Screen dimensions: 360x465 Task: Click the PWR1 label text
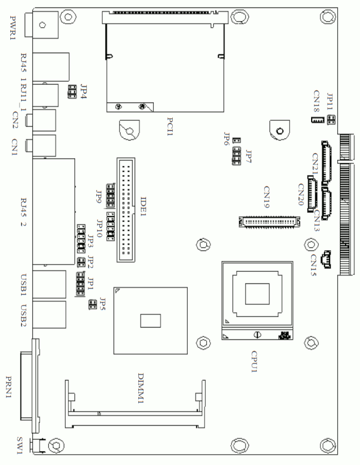[13, 28]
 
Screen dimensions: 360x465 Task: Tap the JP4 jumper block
[72, 92]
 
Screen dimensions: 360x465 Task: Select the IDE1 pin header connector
[126, 210]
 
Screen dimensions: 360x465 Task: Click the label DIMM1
[141, 388]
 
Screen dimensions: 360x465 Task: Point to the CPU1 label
[255, 362]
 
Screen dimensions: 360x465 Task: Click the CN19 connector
[269, 221]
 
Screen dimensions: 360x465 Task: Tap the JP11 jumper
[331, 120]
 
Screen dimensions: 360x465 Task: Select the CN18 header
[317, 120]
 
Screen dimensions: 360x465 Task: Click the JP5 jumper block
[93, 305]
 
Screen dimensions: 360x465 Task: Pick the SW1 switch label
[20, 445]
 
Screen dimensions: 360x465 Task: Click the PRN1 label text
[9, 387]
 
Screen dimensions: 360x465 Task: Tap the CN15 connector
[326, 259]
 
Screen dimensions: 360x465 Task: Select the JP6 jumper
[237, 140]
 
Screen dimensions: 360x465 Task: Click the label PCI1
[170, 126]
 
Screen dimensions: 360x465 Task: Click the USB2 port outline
[49, 314]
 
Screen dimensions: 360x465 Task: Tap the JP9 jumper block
[111, 195]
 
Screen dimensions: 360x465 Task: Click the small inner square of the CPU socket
[257, 293]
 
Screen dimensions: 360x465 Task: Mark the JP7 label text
[249, 157]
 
